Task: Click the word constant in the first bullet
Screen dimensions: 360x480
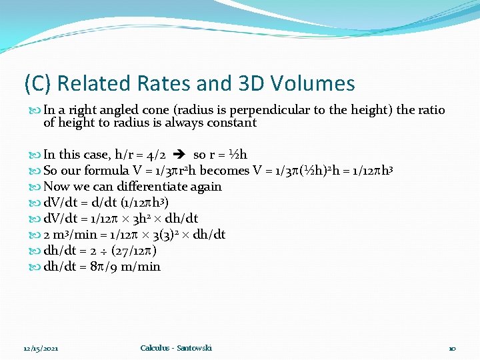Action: click(x=232, y=123)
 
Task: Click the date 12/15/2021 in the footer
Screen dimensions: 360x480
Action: click(x=41, y=349)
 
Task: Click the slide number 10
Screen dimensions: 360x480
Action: click(x=452, y=349)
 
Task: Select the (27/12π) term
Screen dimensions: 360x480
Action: click(x=133, y=251)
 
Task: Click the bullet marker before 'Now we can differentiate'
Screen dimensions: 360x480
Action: click(x=36, y=187)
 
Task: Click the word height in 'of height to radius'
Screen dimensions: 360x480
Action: click(x=75, y=123)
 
